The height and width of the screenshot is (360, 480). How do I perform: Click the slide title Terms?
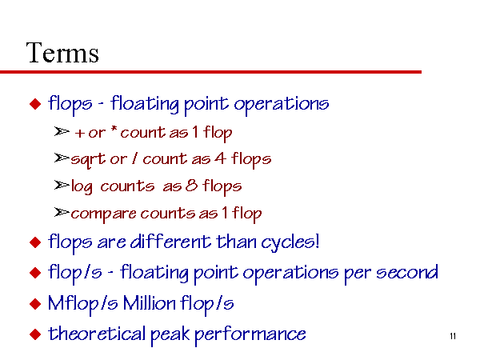62,53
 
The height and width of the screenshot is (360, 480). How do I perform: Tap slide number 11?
453,336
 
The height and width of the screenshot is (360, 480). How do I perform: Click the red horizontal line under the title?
210,72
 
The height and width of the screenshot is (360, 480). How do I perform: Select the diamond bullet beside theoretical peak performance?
35,334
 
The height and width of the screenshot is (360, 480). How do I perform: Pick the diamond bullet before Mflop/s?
35,304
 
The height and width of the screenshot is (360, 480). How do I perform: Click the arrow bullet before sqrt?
62,158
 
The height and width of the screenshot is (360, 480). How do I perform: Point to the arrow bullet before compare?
62,212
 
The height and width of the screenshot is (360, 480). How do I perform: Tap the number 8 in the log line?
192,186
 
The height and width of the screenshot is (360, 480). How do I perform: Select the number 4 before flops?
221,158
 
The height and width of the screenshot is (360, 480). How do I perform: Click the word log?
82,186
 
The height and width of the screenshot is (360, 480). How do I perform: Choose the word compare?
103,214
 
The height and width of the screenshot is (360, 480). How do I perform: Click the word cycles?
290,243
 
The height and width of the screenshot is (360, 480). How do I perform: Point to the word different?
170,242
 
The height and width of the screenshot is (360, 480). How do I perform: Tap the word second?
407,272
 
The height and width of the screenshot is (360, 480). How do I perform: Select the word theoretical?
97,334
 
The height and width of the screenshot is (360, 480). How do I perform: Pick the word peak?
170,335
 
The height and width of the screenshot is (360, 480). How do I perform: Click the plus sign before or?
79,133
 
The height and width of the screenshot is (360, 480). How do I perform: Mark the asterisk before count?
114,129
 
